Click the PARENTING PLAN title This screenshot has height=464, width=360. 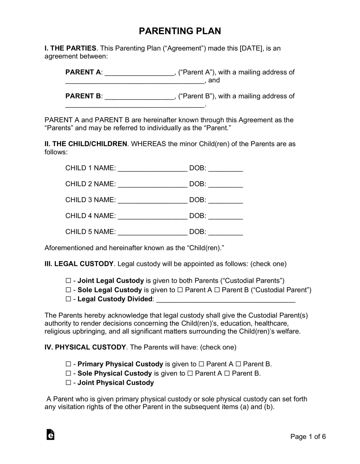(180, 31)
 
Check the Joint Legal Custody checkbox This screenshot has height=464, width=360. (68, 281)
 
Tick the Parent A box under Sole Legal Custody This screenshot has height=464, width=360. (180, 290)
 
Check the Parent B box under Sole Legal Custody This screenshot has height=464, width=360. (217, 290)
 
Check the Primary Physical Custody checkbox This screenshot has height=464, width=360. (68, 364)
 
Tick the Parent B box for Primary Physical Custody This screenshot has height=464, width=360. (238, 364)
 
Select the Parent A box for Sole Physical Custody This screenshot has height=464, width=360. (190, 374)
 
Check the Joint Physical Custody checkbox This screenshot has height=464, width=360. (68, 383)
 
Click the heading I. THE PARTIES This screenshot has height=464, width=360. (70, 48)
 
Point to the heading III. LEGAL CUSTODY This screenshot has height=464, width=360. (79, 264)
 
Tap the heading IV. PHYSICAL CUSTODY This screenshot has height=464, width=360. (85, 347)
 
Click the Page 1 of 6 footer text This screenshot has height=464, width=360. (308, 437)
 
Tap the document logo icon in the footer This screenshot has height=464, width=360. (50, 434)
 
